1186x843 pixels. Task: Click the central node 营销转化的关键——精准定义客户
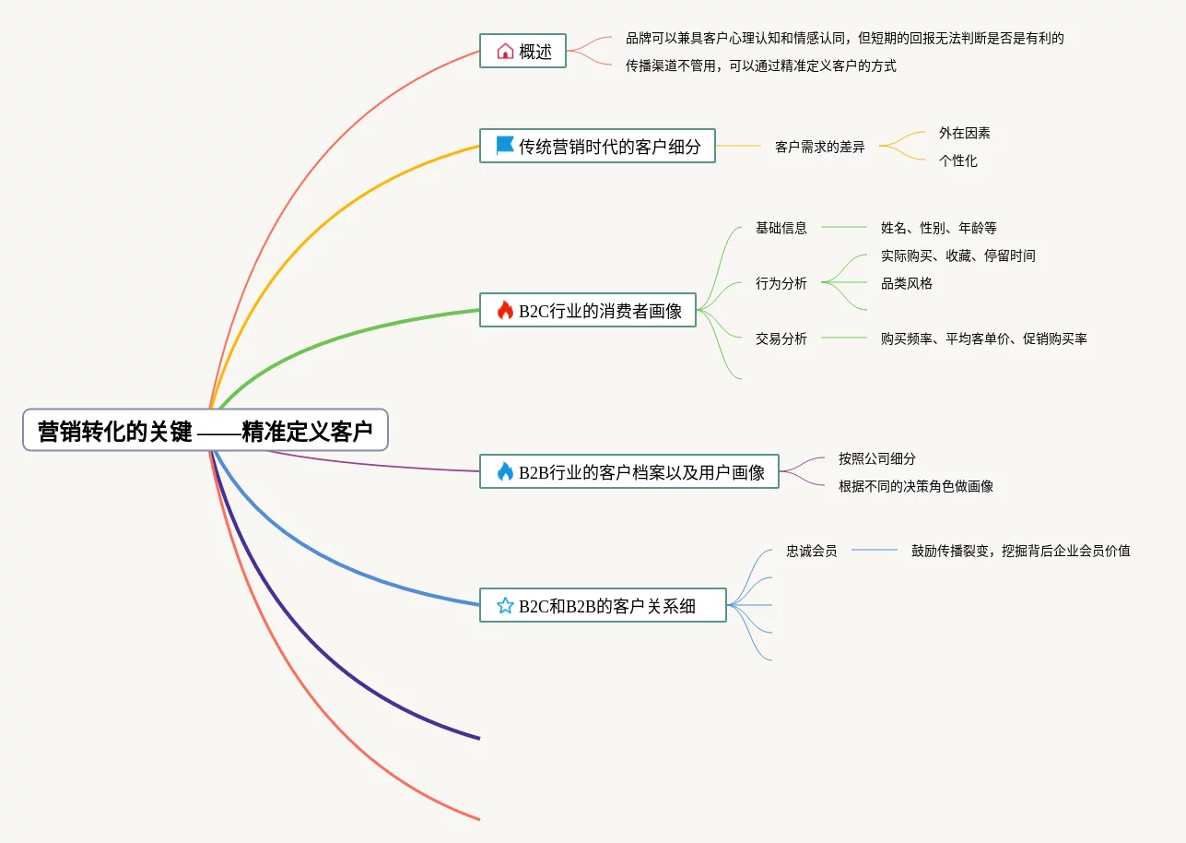(205, 431)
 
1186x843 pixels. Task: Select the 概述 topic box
(523, 51)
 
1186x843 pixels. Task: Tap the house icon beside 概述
(504, 52)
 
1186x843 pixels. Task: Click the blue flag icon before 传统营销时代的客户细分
(504, 146)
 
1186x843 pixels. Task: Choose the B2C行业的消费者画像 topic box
(587, 311)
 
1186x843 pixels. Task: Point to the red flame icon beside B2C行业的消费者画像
(504, 311)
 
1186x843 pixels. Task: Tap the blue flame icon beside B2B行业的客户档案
(504, 472)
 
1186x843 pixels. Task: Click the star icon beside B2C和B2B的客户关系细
(504, 606)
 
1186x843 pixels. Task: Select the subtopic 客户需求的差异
(819, 147)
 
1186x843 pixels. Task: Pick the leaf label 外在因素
(964, 133)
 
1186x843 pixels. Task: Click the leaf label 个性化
(957, 160)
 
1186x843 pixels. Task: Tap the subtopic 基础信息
(781, 228)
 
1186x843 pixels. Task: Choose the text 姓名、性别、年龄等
(938, 228)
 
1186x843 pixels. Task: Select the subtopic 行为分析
(781, 283)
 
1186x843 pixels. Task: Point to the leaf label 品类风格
(906, 283)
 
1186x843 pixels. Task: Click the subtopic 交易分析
(781, 338)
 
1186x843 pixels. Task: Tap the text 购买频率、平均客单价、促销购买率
(983, 338)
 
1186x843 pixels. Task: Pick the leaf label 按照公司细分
(876, 458)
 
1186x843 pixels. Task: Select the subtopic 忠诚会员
(811, 551)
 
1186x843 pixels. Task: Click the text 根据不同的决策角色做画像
(915, 486)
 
